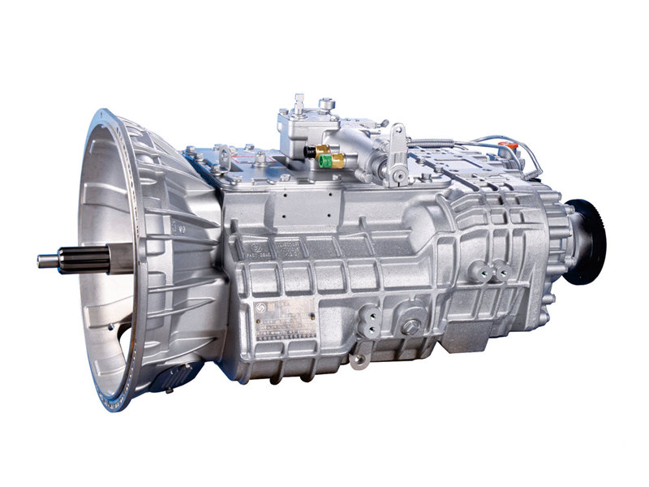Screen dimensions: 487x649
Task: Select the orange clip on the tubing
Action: [509, 148]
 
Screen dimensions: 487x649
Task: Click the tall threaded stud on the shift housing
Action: [299, 103]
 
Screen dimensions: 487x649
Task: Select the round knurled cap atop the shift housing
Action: [326, 104]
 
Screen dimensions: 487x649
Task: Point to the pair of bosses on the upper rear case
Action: [492, 273]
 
